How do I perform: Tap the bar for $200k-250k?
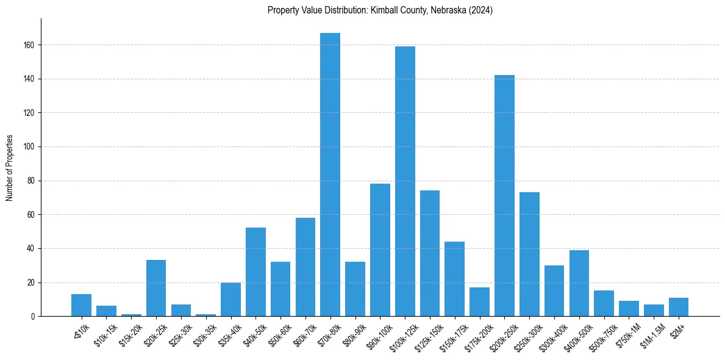click(504, 195)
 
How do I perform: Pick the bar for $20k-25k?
click(156, 288)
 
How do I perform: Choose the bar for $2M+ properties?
click(679, 307)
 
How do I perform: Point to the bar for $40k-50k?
click(255, 272)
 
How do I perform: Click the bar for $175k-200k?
click(479, 301)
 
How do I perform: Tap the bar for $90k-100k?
click(380, 250)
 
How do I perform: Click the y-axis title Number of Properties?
click(10, 168)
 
